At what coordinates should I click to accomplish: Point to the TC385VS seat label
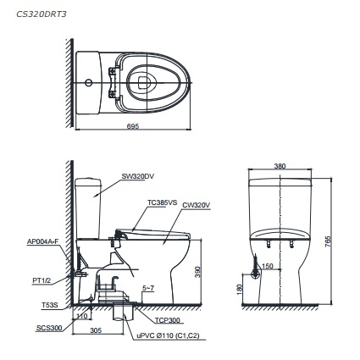pyautogui.click(x=161, y=202)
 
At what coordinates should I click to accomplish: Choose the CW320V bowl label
pyautogui.click(x=196, y=204)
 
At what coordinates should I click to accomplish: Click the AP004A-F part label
pyautogui.click(x=42, y=241)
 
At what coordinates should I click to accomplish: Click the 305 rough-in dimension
pyautogui.click(x=95, y=332)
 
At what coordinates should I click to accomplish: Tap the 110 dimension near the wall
pyautogui.click(x=82, y=316)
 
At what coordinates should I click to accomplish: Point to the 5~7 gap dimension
pyautogui.click(x=148, y=288)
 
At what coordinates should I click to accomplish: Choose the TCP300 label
pyautogui.click(x=165, y=321)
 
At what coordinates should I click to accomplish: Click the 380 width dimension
pyautogui.click(x=280, y=166)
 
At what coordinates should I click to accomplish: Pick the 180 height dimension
pyautogui.click(x=241, y=289)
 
